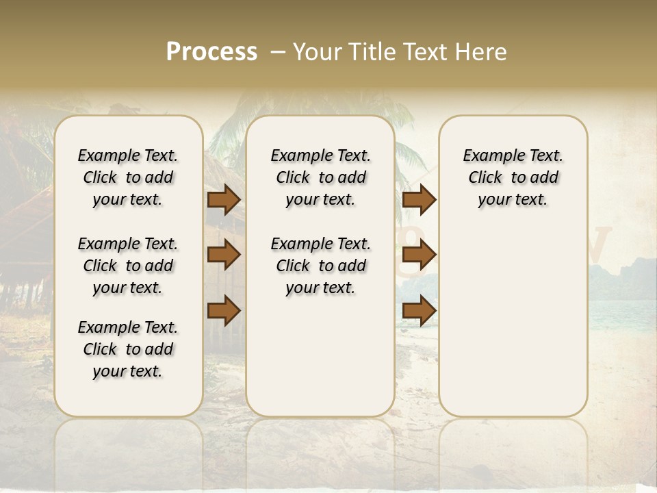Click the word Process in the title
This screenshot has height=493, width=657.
pyautogui.click(x=211, y=51)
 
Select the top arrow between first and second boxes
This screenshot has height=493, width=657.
pyautogui.click(x=224, y=200)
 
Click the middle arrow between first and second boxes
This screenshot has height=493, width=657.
pyautogui.click(x=224, y=255)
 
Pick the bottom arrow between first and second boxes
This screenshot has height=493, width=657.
pyautogui.click(x=224, y=310)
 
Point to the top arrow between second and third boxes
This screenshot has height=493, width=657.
pyautogui.click(x=419, y=200)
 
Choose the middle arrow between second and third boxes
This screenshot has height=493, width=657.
pyautogui.click(x=419, y=255)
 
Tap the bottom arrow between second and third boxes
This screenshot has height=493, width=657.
pyautogui.click(x=419, y=310)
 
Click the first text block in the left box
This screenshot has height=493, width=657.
pyautogui.click(x=128, y=177)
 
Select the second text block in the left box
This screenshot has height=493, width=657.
pyautogui.click(x=128, y=266)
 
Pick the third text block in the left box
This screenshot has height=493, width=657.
pyautogui.click(x=128, y=349)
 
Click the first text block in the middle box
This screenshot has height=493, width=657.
pyautogui.click(x=320, y=177)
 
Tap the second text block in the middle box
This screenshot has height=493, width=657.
pyautogui.click(x=320, y=266)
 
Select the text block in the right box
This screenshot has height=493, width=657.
pyautogui.click(x=513, y=177)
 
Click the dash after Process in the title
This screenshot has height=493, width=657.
pyautogui.click(x=277, y=52)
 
